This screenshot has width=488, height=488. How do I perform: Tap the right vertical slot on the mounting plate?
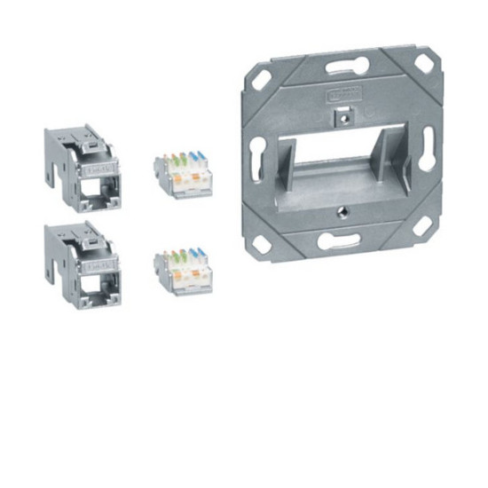428,148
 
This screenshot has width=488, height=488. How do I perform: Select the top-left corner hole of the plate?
263,78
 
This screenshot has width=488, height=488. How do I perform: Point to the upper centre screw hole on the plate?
342,114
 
